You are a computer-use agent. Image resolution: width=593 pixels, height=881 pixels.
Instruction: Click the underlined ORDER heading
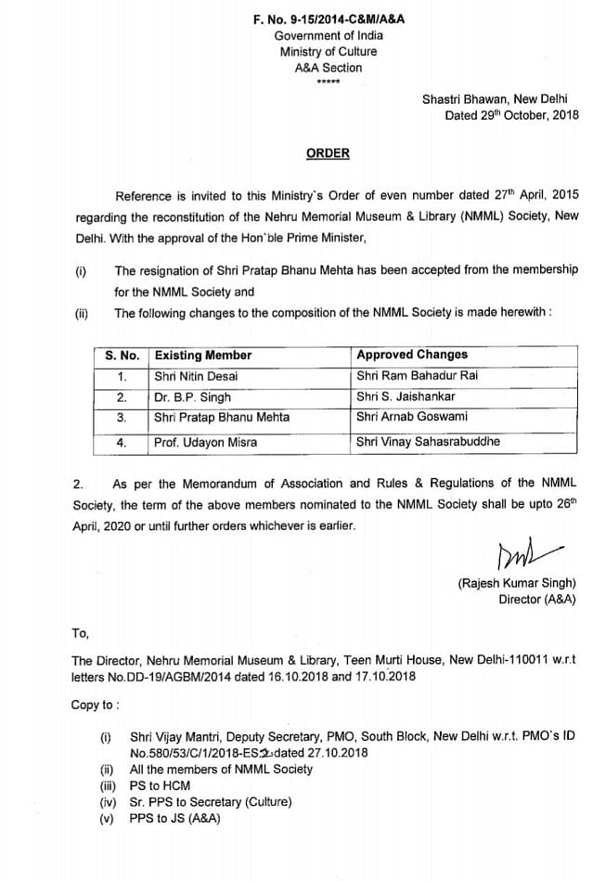pos(329,153)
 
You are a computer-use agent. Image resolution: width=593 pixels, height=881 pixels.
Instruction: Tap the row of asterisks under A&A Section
pos(328,83)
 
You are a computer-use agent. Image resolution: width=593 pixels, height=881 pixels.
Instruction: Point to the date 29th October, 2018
pos(511,115)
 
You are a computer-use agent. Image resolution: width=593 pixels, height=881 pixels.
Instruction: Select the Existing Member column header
pos(203,355)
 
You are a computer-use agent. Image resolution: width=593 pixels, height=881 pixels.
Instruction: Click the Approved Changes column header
pos(412,355)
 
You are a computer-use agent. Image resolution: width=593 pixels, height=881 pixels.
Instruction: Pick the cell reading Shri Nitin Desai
pos(196,376)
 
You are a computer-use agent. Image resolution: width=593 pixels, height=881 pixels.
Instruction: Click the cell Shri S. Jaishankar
pos(406,396)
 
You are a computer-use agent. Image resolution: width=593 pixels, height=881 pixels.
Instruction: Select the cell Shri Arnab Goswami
pos(412,417)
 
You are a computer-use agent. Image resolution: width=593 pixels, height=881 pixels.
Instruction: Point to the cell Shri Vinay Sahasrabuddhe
pos(428,442)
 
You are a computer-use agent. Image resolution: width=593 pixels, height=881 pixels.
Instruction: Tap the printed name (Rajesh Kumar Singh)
pos(517,583)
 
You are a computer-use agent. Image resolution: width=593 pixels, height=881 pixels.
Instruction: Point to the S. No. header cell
pos(122,355)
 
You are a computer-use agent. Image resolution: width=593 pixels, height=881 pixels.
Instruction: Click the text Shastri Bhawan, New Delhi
pos(499,98)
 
